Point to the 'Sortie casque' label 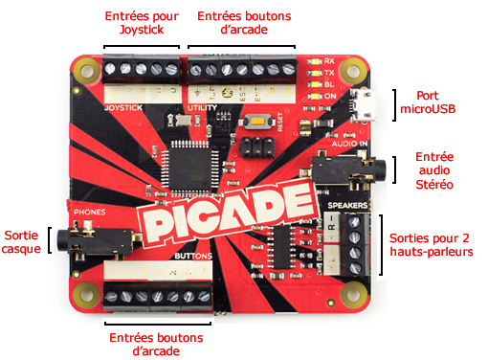[x=22, y=240]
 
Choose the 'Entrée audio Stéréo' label [x=434, y=170]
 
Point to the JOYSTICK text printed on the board [x=122, y=108]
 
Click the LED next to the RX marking [x=314, y=61]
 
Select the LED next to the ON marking [x=314, y=96]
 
